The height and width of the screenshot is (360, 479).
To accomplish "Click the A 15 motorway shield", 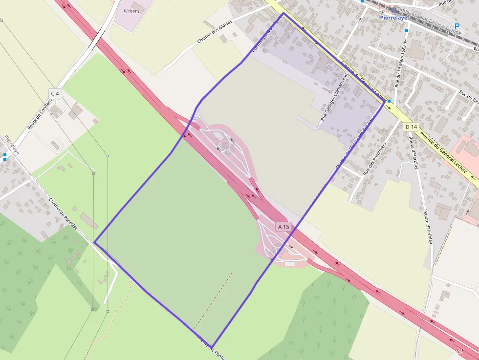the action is pyautogui.click(x=283, y=227).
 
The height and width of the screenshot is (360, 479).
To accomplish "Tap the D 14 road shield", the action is pyautogui.click(x=411, y=127).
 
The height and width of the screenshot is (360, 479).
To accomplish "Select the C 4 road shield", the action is pyautogui.click(x=55, y=93).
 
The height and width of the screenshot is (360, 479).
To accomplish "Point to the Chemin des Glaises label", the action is pyautogui.click(x=214, y=35).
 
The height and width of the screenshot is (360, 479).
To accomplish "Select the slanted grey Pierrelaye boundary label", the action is pyautogui.click(x=12, y=145).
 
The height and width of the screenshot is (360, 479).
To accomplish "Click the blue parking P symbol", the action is pyautogui.click(x=457, y=26).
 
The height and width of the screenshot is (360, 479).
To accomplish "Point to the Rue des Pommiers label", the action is pyautogui.click(x=375, y=159).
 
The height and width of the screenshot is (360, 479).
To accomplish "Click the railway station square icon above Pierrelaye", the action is pyautogui.click(x=393, y=10).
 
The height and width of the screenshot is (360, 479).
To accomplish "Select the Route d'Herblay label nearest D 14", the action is pyautogui.click(x=414, y=152).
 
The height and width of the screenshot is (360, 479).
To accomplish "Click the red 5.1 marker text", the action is pyautogui.click(x=460, y=351).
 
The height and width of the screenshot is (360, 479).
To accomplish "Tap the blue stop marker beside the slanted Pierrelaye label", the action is pyautogui.click(x=5, y=157).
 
